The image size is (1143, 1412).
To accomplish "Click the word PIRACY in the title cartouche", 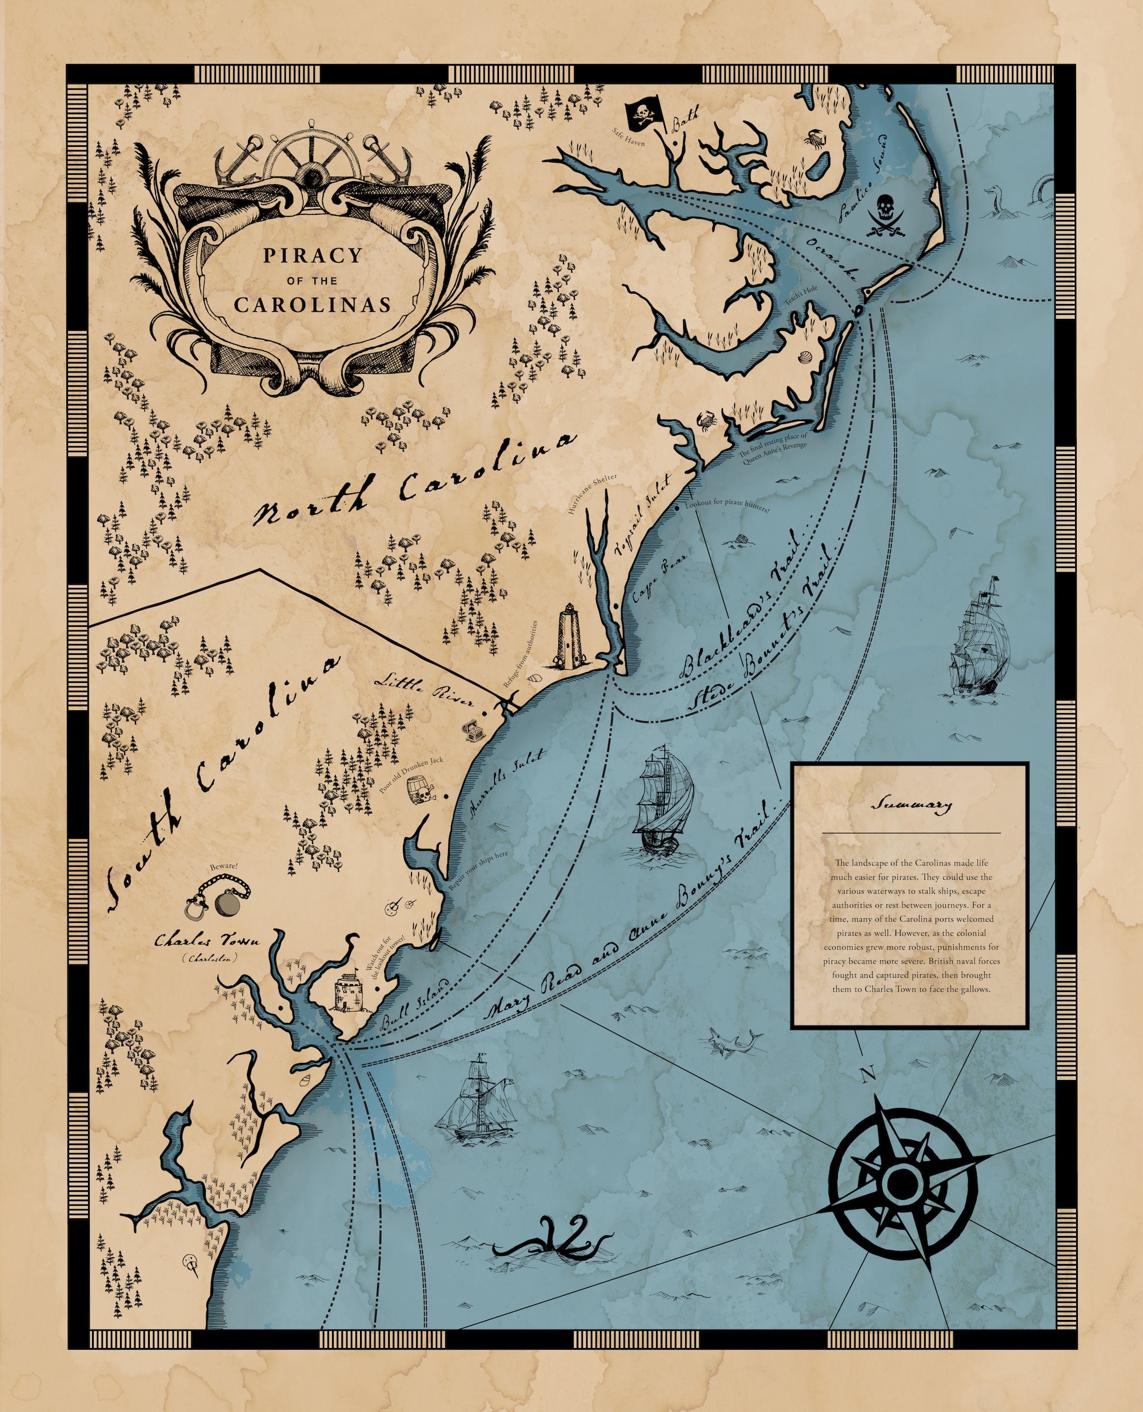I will [313, 255].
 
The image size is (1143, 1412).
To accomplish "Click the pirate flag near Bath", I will [641, 116].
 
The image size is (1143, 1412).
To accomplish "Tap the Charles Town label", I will [207, 941].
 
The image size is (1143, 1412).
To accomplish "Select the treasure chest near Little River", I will [473, 731].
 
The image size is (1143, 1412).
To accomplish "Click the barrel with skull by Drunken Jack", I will [417, 790].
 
